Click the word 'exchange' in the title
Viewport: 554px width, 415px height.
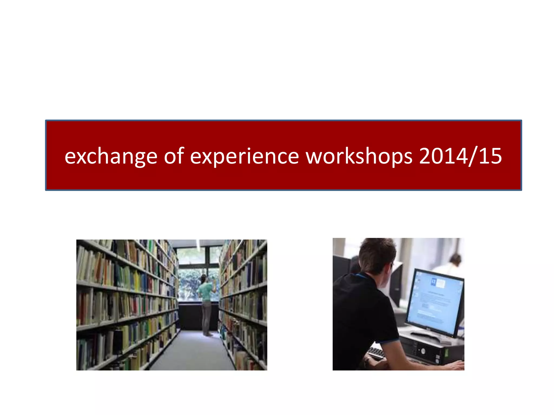tap(111, 156)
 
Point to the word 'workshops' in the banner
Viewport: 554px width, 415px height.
tap(359, 156)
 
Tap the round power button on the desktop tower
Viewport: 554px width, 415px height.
tap(423, 351)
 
